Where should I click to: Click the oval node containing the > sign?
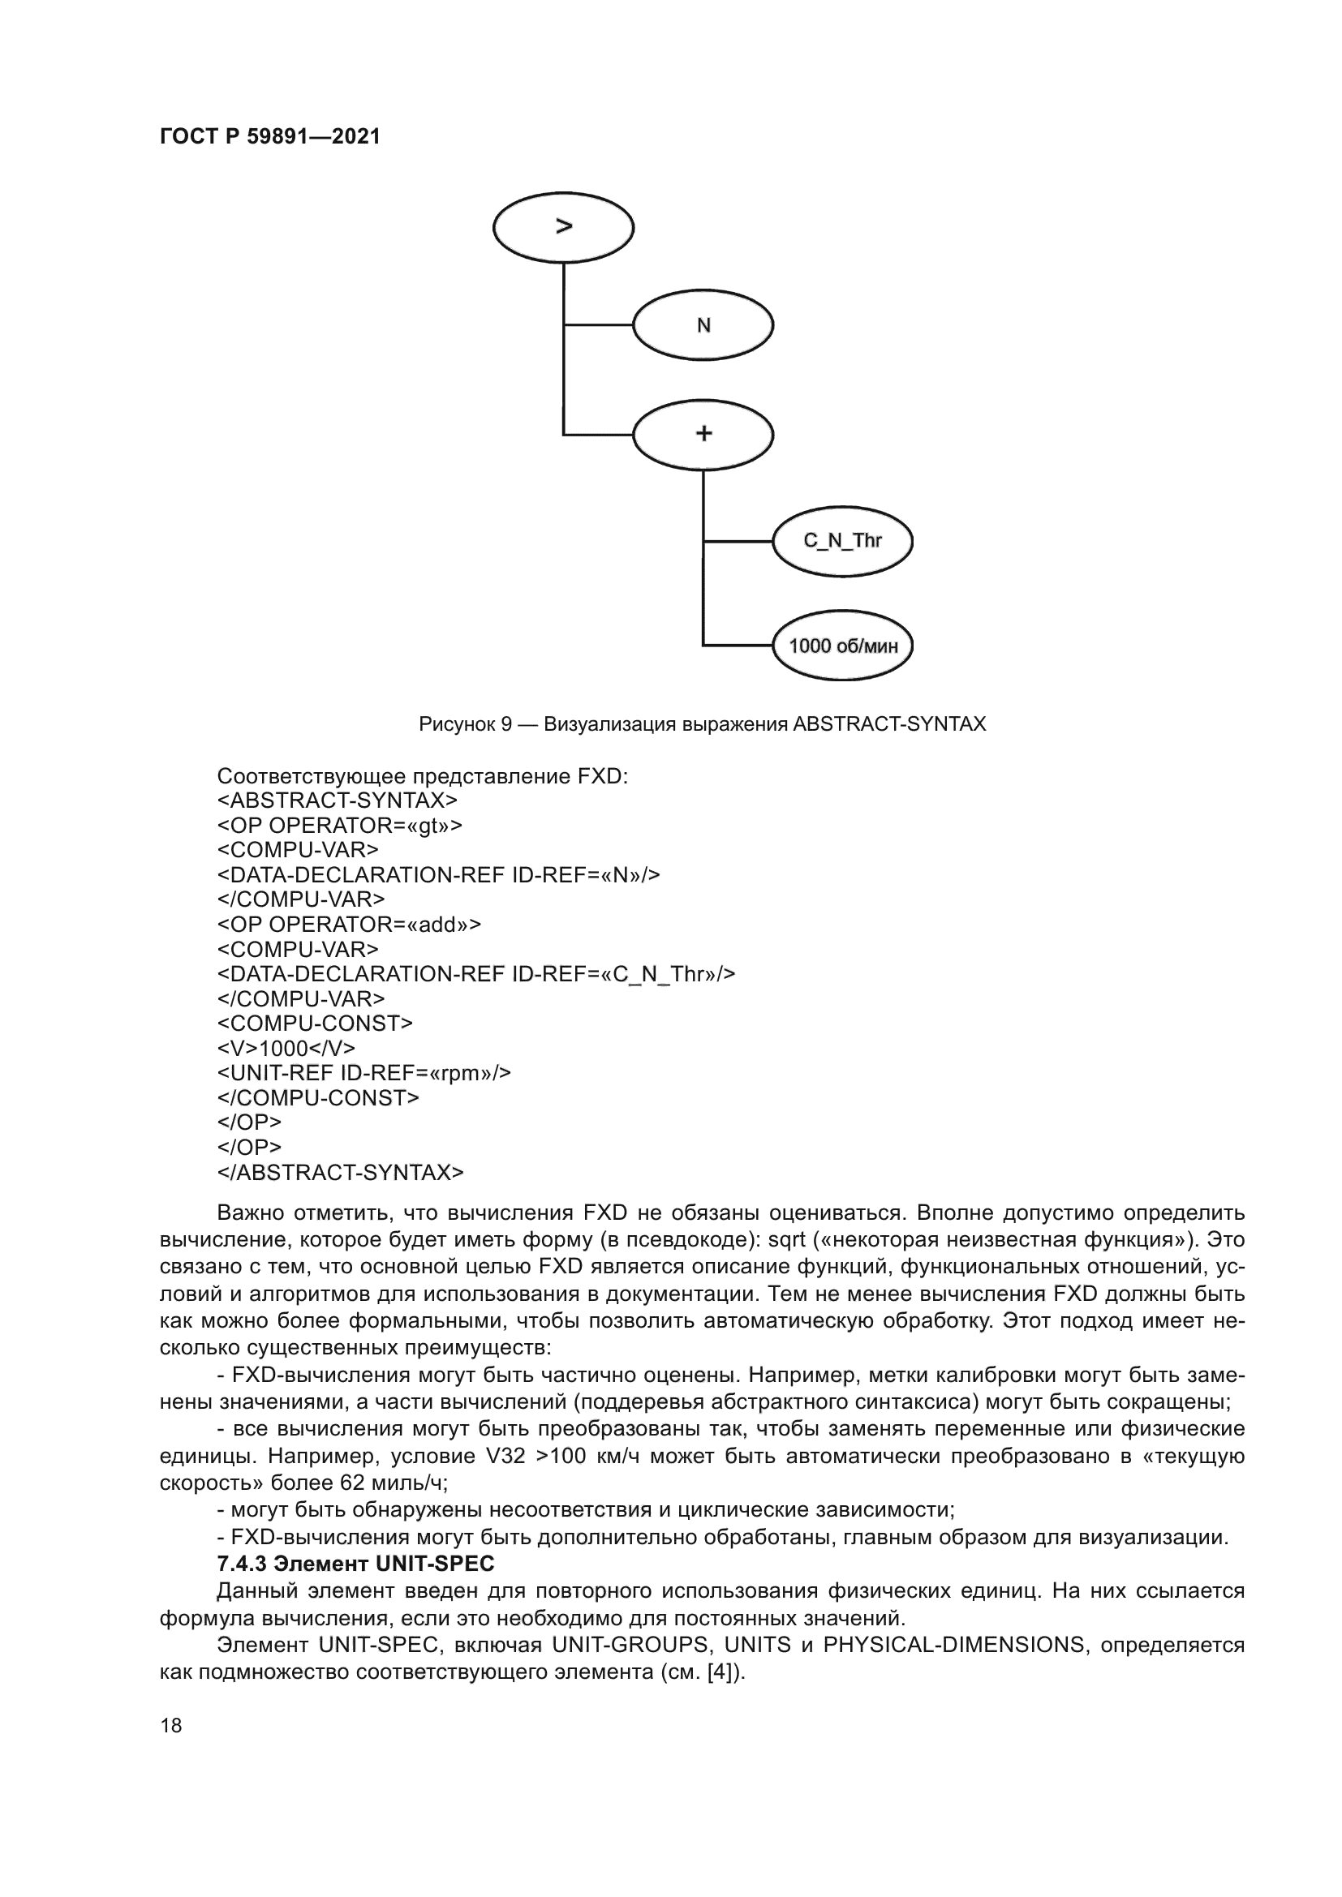[563, 227]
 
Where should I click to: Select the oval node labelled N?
[703, 325]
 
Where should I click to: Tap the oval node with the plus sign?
[703, 434]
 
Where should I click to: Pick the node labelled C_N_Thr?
[842, 541]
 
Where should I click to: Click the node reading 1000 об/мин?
[842, 646]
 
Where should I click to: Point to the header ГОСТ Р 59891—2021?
[270, 137]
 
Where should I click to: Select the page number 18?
[171, 1725]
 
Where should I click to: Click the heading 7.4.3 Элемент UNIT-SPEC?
[355, 1564]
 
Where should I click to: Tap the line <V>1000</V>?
[286, 1049]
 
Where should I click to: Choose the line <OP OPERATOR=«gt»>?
[340, 826]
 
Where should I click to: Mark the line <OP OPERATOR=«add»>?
[349, 925]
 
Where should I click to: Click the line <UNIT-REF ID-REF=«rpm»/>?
[363, 1073]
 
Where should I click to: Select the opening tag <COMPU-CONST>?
[314, 1024]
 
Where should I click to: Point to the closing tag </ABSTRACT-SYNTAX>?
[340, 1173]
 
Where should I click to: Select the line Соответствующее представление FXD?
[422, 777]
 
